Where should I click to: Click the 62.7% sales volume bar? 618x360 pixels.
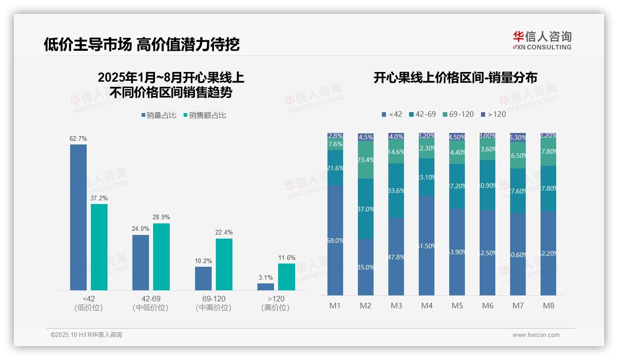[x=78, y=217]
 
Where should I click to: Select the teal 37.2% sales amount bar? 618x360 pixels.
[x=99, y=247]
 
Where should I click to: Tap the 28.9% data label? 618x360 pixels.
[x=161, y=217]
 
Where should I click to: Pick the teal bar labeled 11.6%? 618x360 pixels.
[x=286, y=277]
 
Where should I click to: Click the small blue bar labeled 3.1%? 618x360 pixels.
[x=266, y=287]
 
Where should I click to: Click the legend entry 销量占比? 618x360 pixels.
[x=159, y=115]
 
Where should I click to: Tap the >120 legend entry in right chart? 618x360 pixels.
[x=493, y=114]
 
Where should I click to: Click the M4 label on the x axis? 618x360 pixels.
[x=427, y=306]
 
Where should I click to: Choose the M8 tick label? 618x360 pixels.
[x=548, y=306]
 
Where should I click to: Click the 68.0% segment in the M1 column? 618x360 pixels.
[x=335, y=240]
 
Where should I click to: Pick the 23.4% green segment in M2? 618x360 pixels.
[x=366, y=160]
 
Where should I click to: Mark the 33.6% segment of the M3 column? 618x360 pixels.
[x=396, y=191]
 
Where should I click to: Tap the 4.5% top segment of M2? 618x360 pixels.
[x=366, y=137]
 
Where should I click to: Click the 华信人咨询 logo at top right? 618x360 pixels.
[x=542, y=40]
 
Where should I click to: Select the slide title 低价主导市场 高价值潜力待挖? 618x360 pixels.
[x=142, y=44]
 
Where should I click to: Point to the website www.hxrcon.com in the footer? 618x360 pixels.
[x=536, y=335]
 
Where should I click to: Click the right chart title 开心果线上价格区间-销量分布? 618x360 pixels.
[x=455, y=78]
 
